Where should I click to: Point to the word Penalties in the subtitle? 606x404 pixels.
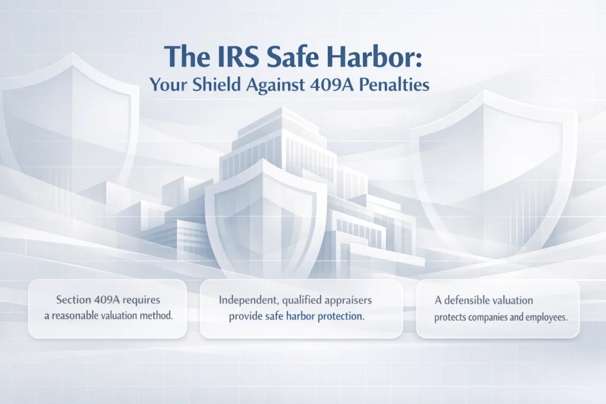point(394,85)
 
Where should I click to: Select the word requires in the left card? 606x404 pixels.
point(141,300)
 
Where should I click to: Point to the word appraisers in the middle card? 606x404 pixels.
point(349,300)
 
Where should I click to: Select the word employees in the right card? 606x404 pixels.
point(546,318)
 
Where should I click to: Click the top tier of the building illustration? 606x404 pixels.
point(282,119)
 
